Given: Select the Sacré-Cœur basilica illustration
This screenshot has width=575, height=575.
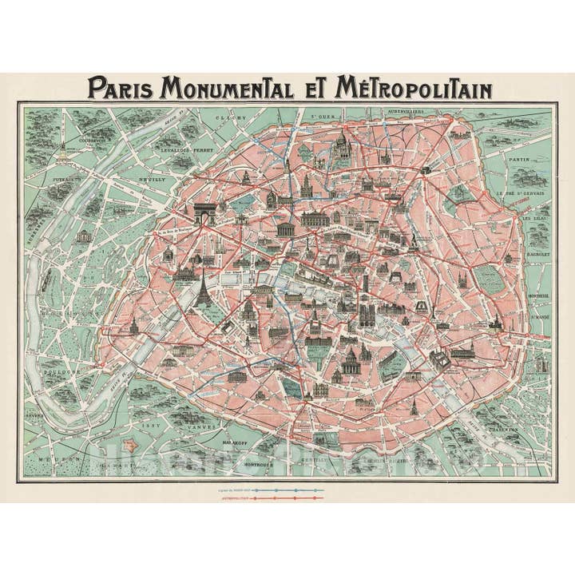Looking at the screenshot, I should coord(342,147).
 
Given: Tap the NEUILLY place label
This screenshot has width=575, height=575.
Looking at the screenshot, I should coord(154,180).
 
